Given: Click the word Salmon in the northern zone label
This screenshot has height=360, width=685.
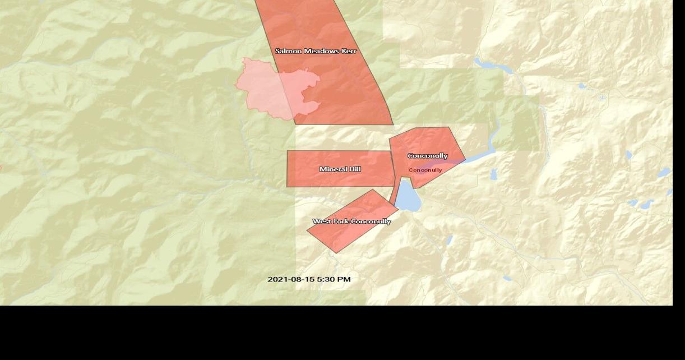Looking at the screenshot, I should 288,51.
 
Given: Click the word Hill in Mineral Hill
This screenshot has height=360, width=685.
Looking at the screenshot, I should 354,169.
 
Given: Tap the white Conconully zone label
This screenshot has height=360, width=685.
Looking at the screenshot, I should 428,156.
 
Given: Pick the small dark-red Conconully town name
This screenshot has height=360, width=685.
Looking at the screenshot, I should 425,170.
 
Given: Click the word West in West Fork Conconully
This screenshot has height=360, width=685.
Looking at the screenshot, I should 322,221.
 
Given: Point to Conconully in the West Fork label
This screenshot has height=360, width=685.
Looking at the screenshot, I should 371,221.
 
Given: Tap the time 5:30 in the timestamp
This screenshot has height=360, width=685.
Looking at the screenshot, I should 327,279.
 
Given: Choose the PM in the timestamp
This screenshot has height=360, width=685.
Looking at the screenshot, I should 344,279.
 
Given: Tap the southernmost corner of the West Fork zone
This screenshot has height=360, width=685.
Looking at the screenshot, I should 335,252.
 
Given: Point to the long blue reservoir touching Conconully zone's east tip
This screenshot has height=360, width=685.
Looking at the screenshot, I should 482,154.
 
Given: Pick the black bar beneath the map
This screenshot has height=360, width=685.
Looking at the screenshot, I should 342,333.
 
